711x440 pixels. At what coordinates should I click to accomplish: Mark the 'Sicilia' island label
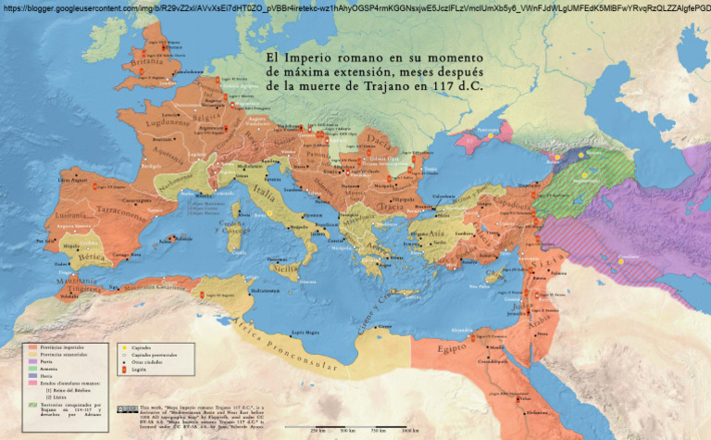pyautogui.click(x=286, y=268)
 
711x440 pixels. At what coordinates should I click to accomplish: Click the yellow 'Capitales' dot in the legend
pyautogui.click(x=123, y=348)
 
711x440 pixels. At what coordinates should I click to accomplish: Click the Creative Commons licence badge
pyautogui.click(x=127, y=409)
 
